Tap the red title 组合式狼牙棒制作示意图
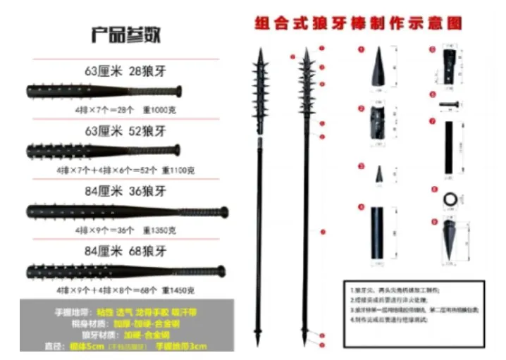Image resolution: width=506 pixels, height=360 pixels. pos(358,23)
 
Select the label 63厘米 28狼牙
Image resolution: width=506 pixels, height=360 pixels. pos(125,70)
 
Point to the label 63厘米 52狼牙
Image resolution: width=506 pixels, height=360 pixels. pos(125,131)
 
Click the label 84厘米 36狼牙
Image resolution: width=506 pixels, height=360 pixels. pos(125,190)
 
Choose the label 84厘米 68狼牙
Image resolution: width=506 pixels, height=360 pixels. pos(125,250)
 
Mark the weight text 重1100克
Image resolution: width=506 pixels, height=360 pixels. pos(178,170)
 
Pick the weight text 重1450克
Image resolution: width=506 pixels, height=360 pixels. pos(178,290)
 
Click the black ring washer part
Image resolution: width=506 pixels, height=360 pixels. pos(448,201)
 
